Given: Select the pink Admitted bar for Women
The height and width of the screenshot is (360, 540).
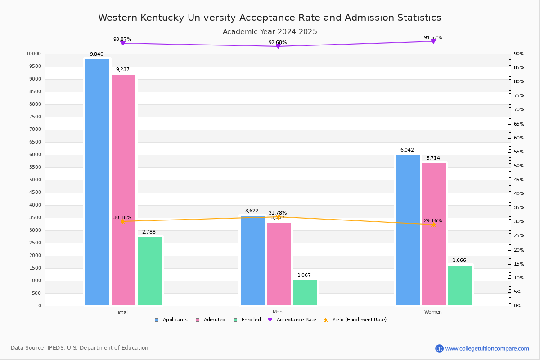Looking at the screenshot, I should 434,234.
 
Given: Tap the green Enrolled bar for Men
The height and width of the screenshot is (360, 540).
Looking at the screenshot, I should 305,292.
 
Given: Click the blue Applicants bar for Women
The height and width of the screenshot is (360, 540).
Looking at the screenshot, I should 408,230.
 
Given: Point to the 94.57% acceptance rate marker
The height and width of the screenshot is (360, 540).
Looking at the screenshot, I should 433,41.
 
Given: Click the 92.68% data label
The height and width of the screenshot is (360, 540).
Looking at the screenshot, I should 278,43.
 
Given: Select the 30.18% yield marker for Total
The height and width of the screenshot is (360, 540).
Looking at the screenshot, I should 122,221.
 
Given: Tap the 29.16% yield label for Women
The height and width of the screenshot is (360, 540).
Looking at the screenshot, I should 432,220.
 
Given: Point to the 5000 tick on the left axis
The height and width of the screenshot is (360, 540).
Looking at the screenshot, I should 35,180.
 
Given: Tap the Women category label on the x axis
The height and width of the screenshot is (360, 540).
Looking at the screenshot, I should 433,312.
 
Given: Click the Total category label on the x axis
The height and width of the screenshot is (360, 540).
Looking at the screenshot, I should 122,312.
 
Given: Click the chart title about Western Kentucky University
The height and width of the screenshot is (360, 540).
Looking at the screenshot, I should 270,18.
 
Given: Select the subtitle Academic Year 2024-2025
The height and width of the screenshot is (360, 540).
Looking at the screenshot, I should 270,32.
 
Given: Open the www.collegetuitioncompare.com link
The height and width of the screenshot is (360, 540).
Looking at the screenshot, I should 487,348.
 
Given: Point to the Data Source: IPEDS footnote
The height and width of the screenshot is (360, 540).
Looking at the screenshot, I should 80,348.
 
